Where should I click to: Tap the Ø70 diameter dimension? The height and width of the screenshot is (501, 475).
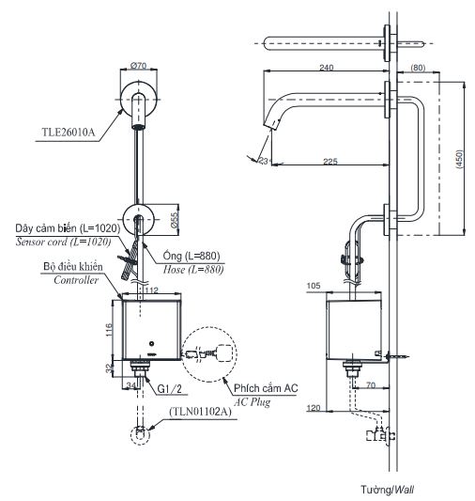point(137,67)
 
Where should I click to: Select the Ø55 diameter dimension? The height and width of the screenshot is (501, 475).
point(174,218)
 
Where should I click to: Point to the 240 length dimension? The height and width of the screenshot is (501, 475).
point(325,68)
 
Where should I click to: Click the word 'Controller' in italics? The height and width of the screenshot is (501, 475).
point(76,280)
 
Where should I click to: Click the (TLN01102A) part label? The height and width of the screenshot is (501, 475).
point(201,411)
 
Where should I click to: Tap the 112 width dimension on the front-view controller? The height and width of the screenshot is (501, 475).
point(152,290)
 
